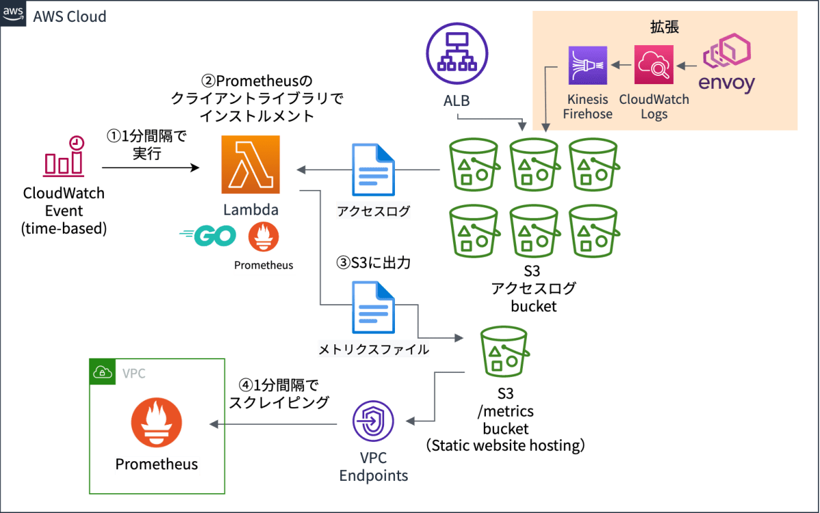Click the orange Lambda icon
pos(250,164)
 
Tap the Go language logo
pos(208,236)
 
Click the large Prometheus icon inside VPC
pos(156,423)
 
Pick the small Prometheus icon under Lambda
pos(264,236)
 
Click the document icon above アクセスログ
pos(373,170)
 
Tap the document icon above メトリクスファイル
pos(373,307)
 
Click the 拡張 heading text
pos(665,27)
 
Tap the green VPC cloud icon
pos(103,372)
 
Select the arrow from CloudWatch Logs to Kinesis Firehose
pos(620,66)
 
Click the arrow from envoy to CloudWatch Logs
pos(687,66)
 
